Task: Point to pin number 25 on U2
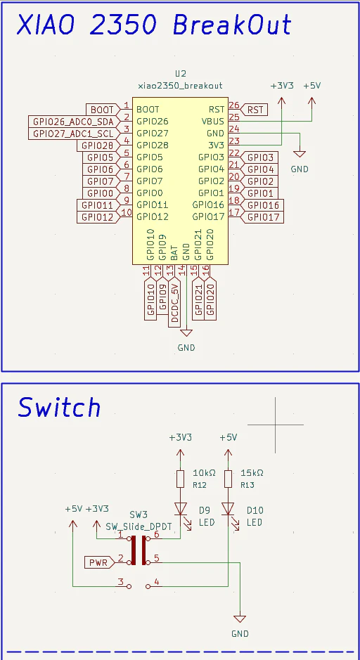233,117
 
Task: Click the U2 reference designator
181,73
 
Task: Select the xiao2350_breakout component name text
180,86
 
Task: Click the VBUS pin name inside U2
212,122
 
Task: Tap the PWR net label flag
98,562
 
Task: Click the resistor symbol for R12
180,479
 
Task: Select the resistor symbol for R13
229,479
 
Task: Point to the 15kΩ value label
252,473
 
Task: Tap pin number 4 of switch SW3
157,582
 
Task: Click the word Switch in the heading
59,408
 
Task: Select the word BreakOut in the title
232,25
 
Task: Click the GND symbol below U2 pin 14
186,333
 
